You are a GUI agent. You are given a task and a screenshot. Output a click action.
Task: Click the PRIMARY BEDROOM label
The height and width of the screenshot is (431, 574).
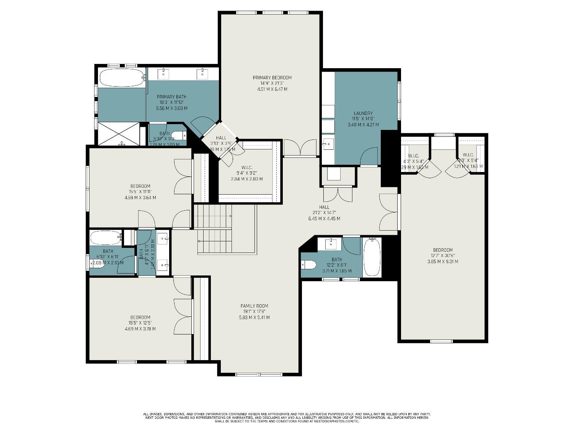[272, 78]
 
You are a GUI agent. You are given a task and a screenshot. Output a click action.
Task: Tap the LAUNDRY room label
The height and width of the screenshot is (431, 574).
[363, 113]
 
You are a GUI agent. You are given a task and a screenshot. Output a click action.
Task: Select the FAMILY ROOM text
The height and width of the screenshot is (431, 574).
[254, 306]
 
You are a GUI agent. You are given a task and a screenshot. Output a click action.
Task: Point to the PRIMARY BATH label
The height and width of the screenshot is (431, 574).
[171, 97]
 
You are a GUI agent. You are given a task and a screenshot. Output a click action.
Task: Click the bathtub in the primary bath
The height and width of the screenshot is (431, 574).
[121, 77]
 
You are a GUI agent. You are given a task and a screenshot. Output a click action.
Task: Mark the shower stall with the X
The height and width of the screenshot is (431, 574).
[119, 133]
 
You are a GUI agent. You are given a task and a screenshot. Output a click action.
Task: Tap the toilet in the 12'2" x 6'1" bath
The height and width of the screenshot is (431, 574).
[308, 265]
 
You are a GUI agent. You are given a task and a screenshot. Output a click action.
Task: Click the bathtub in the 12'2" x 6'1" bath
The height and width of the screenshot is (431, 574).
[372, 257]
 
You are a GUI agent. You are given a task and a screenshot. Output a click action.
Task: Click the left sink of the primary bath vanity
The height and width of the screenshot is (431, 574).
[163, 74]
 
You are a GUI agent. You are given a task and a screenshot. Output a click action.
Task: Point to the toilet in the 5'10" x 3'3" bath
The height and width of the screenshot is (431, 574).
[179, 136]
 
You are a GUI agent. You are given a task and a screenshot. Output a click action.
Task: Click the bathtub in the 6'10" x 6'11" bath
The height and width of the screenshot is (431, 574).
[106, 238]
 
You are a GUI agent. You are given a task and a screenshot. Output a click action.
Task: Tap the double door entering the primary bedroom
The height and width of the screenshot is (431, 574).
[300, 147]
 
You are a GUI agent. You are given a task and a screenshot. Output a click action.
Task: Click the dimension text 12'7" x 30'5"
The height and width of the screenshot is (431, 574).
[443, 256]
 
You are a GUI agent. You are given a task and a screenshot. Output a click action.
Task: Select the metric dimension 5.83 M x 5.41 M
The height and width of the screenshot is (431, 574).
[254, 318]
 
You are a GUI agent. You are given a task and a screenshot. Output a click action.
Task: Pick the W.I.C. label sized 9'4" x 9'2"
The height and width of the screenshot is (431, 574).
[247, 167]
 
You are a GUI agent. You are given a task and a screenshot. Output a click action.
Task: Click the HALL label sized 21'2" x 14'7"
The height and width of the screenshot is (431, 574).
[324, 207]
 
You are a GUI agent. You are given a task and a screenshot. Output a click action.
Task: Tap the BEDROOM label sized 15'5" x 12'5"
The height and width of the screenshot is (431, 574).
[140, 317]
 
